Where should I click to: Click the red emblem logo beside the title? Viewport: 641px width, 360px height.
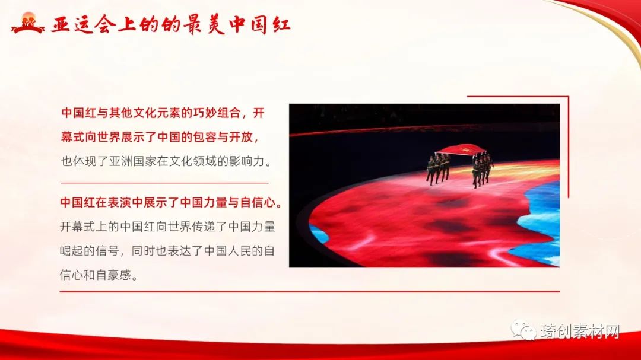[27, 23]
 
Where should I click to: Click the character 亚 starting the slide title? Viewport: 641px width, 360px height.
[61, 25]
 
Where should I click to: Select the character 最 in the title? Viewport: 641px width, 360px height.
[192, 25]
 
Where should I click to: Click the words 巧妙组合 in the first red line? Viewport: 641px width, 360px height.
[216, 113]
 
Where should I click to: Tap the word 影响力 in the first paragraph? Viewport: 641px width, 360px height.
[246, 161]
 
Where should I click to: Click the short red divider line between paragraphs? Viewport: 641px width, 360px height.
[165, 183]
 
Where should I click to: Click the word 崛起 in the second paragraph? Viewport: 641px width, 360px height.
[72, 250]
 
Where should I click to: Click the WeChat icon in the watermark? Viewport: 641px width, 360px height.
[523, 329]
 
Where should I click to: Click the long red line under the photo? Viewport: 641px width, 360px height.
[309, 292]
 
